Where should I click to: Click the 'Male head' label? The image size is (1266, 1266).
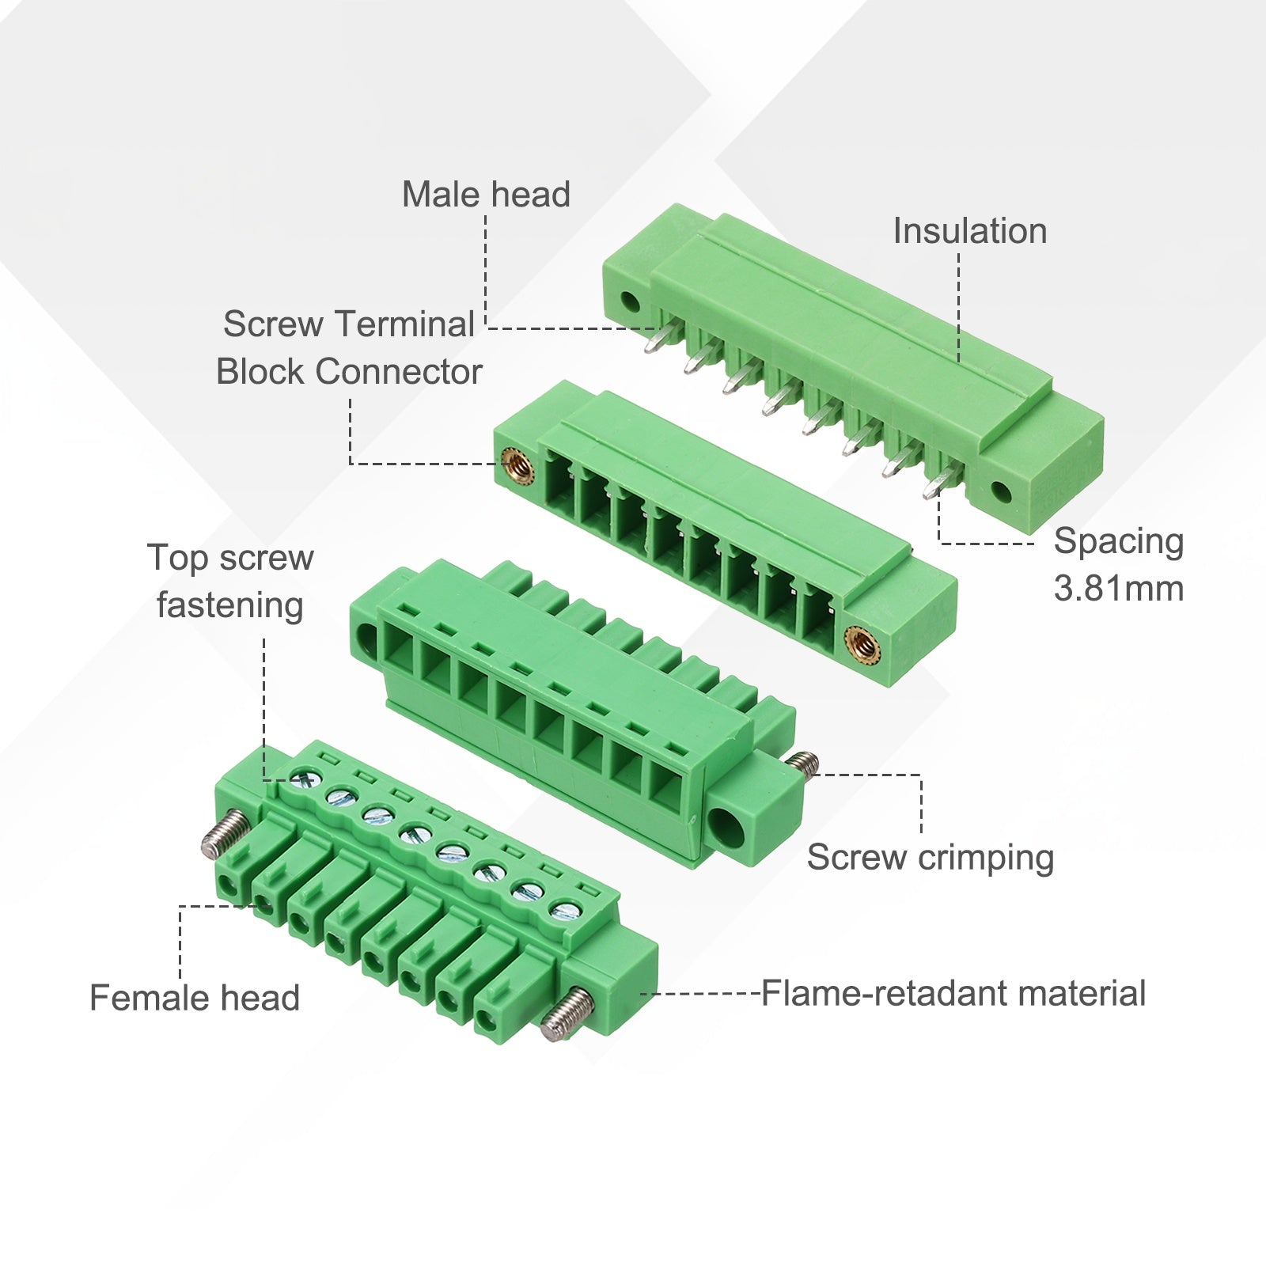tap(486, 195)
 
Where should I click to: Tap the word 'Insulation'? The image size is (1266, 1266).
tap(970, 231)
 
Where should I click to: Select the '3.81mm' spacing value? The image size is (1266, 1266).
tap(1119, 589)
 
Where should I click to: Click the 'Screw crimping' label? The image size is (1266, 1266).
tap(931, 858)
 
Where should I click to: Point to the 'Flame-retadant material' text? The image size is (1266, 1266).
tap(953, 993)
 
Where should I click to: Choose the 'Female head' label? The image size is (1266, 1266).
tap(195, 998)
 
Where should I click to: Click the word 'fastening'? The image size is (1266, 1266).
tap(230, 606)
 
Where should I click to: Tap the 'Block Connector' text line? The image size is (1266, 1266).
tap(349, 372)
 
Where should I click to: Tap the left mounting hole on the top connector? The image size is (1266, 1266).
tap(630, 301)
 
